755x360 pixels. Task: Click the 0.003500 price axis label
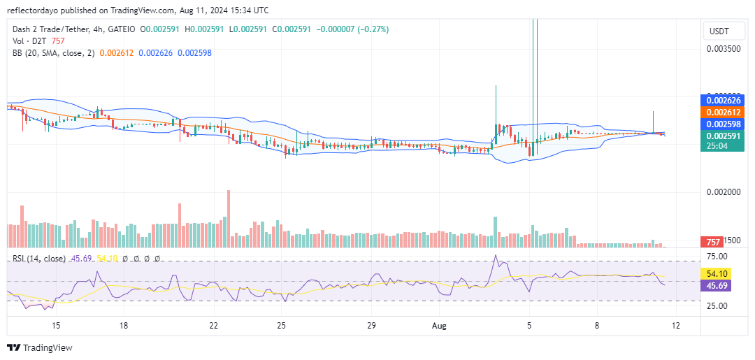click(x=723, y=49)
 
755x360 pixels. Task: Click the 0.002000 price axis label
click(x=723, y=192)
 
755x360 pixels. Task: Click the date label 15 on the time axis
click(x=57, y=325)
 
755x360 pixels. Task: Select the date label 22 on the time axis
click(x=214, y=325)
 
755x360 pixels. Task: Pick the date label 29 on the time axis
click(x=371, y=325)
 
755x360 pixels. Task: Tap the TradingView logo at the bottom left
click(x=40, y=347)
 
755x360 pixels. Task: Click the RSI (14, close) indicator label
click(x=39, y=259)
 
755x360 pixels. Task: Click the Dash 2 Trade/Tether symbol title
click(x=55, y=29)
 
